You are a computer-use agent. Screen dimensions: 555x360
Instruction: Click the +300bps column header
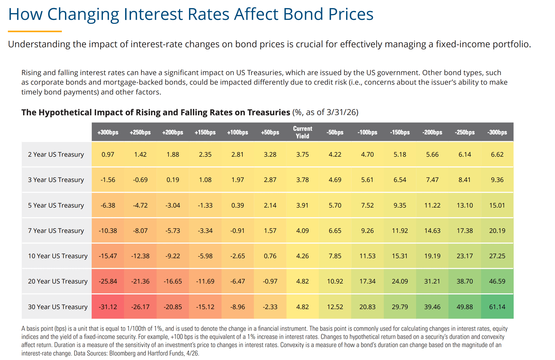point(108,132)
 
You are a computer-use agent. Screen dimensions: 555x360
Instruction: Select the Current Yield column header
point(303,132)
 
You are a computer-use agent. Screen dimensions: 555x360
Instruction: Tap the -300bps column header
point(497,132)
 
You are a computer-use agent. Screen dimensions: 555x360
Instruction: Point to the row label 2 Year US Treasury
point(56,154)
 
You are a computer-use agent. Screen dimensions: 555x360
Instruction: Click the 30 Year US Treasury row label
point(58,307)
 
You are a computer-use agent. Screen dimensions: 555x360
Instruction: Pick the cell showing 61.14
point(497,307)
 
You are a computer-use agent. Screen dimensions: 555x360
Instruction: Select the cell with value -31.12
point(108,307)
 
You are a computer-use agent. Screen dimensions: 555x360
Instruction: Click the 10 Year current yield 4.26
point(303,256)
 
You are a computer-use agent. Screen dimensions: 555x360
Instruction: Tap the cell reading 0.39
point(238,205)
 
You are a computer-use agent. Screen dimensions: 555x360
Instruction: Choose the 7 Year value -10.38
point(108,231)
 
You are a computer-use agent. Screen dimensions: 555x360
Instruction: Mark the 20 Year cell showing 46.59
point(497,281)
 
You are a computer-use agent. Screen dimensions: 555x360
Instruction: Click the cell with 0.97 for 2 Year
point(108,154)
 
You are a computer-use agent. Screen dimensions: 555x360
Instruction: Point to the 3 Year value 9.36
point(497,180)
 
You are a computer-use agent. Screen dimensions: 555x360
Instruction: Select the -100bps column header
point(367,132)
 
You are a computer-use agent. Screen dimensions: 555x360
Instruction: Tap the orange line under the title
point(35,31)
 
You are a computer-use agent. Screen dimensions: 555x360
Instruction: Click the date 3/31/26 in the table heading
point(341,112)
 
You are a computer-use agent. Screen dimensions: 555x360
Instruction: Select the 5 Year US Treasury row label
point(56,205)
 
